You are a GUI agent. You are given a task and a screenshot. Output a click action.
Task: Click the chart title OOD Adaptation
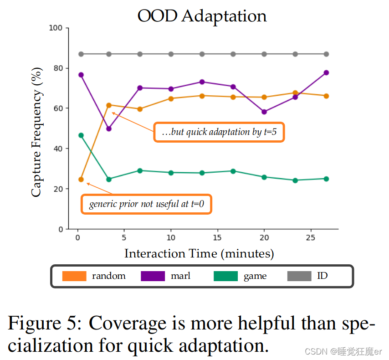tap(202, 15)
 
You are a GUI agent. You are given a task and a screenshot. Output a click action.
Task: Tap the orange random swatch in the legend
tap(74, 276)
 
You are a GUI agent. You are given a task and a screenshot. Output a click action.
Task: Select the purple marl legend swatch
tap(153, 276)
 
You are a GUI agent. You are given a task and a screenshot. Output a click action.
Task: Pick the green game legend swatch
tap(225, 276)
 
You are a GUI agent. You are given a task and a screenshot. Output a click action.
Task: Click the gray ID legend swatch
tap(299, 276)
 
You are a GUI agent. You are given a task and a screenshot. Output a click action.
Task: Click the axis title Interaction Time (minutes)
tap(199, 253)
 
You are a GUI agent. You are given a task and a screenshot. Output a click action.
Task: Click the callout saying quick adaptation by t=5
tap(219, 132)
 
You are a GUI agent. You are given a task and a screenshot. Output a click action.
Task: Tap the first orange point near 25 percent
tap(81, 180)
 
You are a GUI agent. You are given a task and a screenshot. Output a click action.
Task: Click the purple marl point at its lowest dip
tap(108, 129)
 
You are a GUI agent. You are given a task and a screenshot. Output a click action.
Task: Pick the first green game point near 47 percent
tap(81, 135)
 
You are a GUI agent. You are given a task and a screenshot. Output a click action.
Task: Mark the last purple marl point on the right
tap(326, 72)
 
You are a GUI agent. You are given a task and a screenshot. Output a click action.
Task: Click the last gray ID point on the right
tap(326, 54)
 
